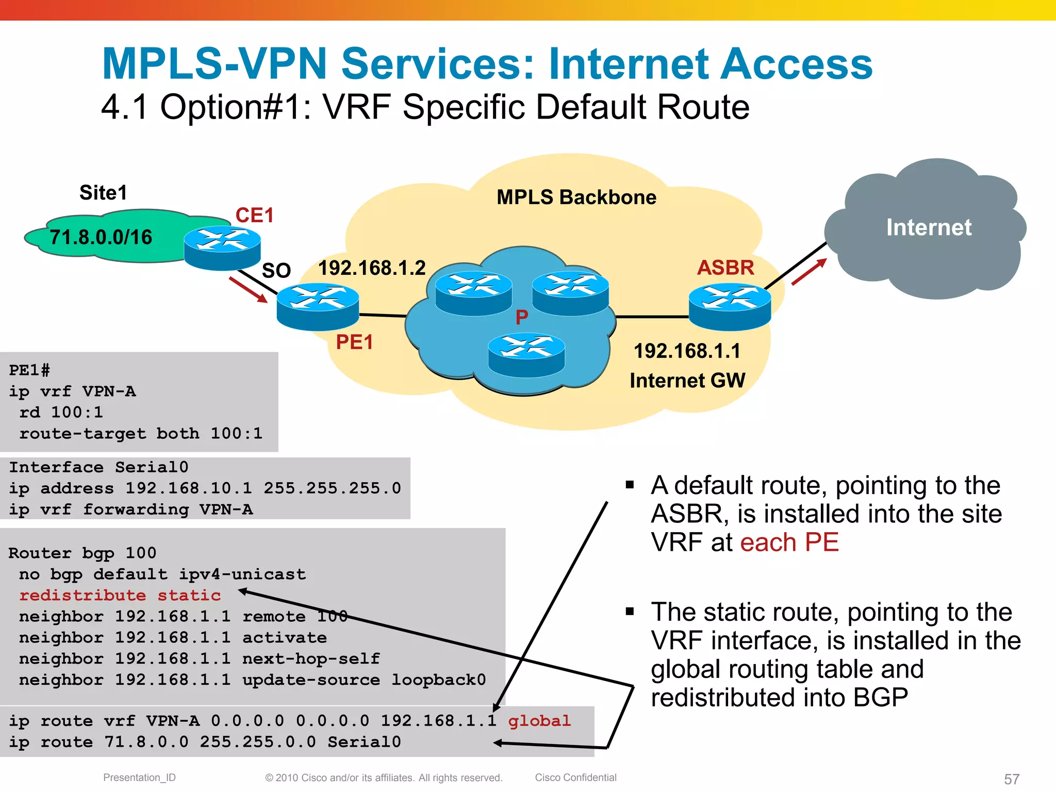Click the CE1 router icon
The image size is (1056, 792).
point(222,247)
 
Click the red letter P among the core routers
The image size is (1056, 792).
point(522,317)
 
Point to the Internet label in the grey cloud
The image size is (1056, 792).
point(929,227)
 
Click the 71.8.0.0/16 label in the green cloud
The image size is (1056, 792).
point(101,238)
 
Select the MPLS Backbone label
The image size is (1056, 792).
point(576,197)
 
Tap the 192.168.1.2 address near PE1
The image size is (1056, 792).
point(372,268)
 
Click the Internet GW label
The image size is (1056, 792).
point(687,381)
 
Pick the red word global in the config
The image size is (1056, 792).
point(539,721)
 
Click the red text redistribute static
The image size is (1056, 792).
point(120,596)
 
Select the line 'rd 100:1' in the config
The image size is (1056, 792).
point(61,412)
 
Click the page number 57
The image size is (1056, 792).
point(1011,779)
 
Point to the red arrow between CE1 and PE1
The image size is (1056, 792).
point(248,290)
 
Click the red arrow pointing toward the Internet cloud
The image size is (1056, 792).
point(808,272)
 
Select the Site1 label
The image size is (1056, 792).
point(103,193)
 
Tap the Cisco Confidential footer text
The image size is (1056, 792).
point(575,778)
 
